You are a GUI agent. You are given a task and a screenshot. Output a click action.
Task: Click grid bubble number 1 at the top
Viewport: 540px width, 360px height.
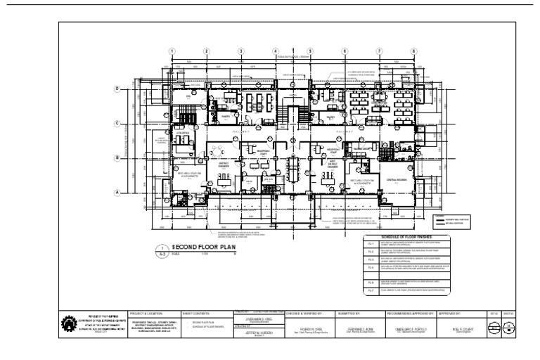click(172, 51)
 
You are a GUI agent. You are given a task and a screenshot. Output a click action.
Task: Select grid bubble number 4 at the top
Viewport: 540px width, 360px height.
click(276, 51)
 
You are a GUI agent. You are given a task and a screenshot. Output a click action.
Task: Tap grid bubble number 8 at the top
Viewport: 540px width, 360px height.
click(413, 51)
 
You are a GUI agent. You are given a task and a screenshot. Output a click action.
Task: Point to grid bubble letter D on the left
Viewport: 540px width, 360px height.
click(117, 89)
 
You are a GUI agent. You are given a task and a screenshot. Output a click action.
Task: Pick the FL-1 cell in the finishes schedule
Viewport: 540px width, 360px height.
click(371, 244)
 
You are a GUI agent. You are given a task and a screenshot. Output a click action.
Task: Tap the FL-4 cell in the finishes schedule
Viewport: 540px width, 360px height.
click(371, 268)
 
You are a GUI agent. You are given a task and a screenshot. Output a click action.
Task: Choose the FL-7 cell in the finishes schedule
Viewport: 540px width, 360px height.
click(371, 289)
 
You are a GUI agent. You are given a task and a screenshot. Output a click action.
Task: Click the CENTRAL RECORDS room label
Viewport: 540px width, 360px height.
click(398, 180)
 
